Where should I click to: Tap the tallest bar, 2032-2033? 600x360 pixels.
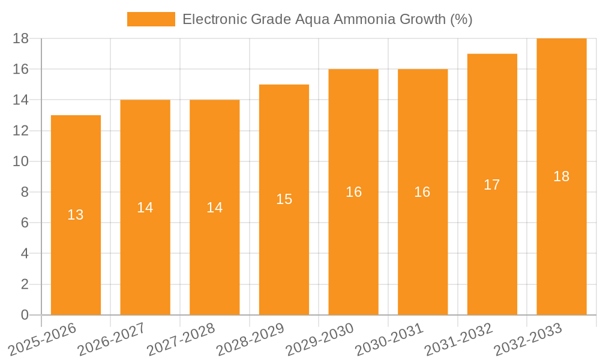pyautogui.click(x=561, y=240)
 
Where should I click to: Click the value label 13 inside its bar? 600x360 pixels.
pyautogui.click(x=76, y=215)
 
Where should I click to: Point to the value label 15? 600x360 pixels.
pyautogui.click(x=284, y=199)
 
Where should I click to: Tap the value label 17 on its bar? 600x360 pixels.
pyautogui.click(x=492, y=185)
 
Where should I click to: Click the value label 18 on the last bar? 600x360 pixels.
pyautogui.click(x=561, y=176)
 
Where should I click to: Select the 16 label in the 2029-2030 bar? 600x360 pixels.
pyautogui.click(x=353, y=192)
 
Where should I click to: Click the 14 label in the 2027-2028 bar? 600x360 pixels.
pyautogui.click(x=214, y=208)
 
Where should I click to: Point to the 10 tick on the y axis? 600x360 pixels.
pyautogui.click(x=20, y=161)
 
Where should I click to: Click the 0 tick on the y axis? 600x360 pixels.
pyautogui.click(x=25, y=315)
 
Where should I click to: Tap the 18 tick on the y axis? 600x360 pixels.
pyautogui.click(x=20, y=38)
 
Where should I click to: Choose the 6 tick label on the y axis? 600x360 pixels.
pyautogui.click(x=25, y=223)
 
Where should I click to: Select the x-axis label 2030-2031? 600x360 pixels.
pyautogui.click(x=390, y=339)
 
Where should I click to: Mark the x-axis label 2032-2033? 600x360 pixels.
pyautogui.click(x=529, y=339)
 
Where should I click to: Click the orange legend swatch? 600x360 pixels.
pyautogui.click(x=151, y=19)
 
